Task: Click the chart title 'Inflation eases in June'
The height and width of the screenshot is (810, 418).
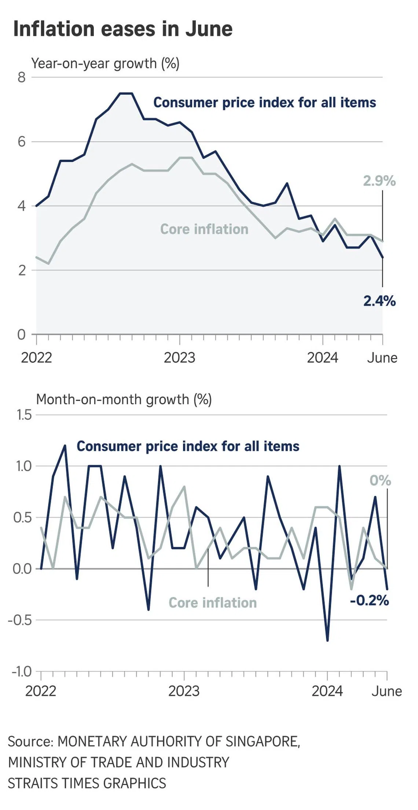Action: (123, 29)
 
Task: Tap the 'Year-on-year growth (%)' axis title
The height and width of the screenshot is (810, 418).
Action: (105, 63)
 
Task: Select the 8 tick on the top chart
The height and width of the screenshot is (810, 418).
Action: (22, 77)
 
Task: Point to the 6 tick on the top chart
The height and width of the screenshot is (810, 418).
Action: (22, 142)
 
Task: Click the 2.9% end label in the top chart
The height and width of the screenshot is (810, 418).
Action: (379, 181)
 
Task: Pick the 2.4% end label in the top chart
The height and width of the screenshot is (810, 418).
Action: (379, 301)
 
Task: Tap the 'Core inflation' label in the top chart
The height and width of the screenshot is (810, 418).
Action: (204, 229)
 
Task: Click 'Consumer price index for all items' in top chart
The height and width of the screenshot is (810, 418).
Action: (264, 103)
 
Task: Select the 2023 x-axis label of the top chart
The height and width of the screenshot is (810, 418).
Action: (179, 358)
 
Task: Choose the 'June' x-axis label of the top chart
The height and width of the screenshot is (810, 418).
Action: (382, 358)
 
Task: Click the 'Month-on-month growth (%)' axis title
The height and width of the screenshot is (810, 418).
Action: (124, 399)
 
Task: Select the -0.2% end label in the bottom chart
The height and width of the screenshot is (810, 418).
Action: (369, 600)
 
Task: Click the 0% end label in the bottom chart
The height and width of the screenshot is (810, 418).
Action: (380, 481)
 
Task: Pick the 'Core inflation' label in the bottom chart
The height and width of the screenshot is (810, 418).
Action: (213, 603)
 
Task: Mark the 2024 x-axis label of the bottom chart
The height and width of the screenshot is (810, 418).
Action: (327, 691)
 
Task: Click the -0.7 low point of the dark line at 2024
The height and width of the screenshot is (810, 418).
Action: (327, 640)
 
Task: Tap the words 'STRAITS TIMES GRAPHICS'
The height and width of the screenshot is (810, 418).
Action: (87, 783)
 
